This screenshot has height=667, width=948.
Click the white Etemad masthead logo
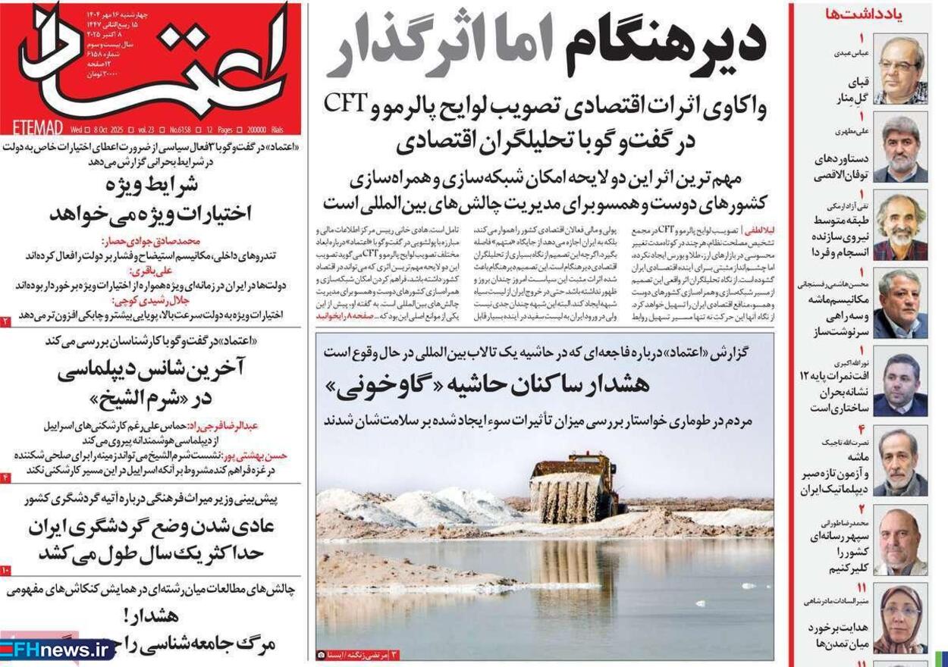tap(152, 61)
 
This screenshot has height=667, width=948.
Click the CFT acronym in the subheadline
tap(346, 104)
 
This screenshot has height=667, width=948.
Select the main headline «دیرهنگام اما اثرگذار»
tap(546, 45)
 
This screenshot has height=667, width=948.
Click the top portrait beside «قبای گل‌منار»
tap(900, 70)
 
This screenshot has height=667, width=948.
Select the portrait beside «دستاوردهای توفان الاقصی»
tap(900, 149)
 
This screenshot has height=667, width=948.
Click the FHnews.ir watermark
tap(57, 650)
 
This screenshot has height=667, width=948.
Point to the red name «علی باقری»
tap(152, 270)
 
